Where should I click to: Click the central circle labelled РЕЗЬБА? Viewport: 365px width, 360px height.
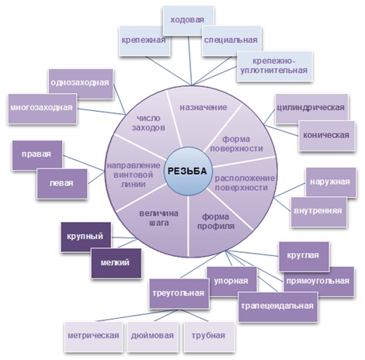(x=187, y=170)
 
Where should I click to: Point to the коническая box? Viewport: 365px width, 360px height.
(x=325, y=134)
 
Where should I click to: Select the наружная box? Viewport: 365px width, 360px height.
(x=331, y=180)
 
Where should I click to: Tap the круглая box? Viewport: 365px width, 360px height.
(x=304, y=254)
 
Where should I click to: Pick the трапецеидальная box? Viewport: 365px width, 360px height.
(x=277, y=304)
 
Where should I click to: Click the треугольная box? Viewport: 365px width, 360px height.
(x=178, y=293)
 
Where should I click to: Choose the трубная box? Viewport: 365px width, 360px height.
(x=207, y=335)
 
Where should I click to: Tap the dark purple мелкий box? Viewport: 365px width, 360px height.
(x=114, y=262)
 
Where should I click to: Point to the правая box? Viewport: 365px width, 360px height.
(x=36, y=154)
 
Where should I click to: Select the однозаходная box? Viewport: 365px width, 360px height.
(x=78, y=81)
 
